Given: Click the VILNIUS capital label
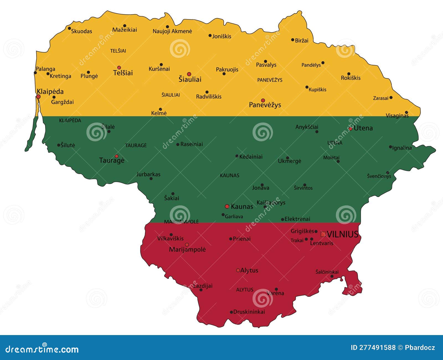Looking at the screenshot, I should [x=342, y=234].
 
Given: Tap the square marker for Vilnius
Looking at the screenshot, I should [x=323, y=234].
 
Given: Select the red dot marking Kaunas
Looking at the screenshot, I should [x=227, y=206].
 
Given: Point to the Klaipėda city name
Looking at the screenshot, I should [x=50, y=91].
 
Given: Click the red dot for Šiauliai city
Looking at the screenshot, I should [x=189, y=74].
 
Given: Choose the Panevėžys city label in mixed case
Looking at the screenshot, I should [x=265, y=105].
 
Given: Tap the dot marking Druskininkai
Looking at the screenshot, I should [x=231, y=312].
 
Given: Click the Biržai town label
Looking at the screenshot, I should [x=302, y=40].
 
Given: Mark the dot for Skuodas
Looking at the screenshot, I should [x=69, y=28].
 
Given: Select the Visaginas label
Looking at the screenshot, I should [x=397, y=116].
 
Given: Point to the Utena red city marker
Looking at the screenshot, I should [x=351, y=129].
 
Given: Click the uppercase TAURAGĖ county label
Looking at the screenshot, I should [x=136, y=145].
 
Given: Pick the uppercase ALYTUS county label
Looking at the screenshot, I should [x=244, y=290].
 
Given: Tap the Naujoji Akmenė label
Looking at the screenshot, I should [x=172, y=31].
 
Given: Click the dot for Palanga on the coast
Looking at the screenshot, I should [x=35, y=73].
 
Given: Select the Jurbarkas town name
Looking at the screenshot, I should [x=148, y=174].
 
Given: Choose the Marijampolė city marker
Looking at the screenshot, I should [x=187, y=245].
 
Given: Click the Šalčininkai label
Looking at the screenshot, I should [x=327, y=272].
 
